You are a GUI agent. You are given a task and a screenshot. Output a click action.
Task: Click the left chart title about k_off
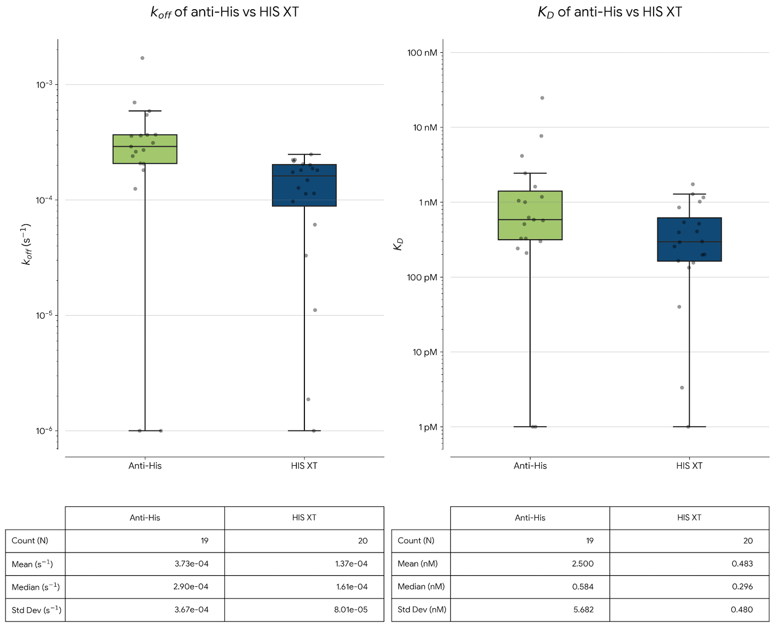(x=225, y=12)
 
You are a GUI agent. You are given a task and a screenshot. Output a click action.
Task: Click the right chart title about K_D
(x=609, y=12)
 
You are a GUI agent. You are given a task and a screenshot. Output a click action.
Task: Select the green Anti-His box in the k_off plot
(x=145, y=149)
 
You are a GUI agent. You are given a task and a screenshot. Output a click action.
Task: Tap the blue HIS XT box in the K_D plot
(x=689, y=240)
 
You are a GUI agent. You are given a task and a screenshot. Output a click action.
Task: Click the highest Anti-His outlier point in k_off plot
(x=142, y=58)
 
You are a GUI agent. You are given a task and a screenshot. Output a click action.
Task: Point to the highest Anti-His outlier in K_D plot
(x=542, y=98)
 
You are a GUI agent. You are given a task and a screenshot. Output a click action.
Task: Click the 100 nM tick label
(x=422, y=53)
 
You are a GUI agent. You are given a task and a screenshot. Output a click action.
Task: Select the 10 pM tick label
(x=424, y=352)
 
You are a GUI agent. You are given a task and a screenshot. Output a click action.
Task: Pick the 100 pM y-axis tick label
(x=422, y=278)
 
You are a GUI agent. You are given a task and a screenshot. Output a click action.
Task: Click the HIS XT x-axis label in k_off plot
(x=304, y=466)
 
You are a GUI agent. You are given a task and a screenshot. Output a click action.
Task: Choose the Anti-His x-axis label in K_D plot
(x=530, y=466)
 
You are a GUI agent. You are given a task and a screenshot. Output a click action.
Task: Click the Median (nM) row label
(x=421, y=587)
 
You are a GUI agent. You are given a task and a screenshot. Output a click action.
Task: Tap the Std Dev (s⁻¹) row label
(x=36, y=610)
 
